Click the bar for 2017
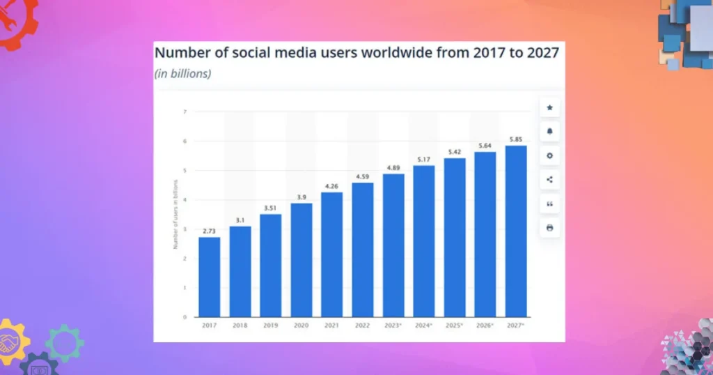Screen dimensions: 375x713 (x=209, y=277)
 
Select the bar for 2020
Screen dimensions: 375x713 (x=301, y=259)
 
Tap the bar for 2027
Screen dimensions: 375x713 (x=515, y=231)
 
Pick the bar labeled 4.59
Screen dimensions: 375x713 (x=362, y=250)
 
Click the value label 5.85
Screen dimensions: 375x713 (x=515, y=139)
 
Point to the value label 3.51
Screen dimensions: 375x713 (x=270, y=207)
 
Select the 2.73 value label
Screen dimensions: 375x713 (x=209, y=230)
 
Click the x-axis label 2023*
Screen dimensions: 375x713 (x=393, y=326)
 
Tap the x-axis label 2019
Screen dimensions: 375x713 (x=270, y=326)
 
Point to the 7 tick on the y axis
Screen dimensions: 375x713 (x=185, y=112)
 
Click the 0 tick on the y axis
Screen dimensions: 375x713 (x=185, y=317)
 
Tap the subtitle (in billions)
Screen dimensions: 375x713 (x=182, y=73)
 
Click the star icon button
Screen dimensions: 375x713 (x=549, y=107)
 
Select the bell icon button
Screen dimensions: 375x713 (x=549, y=131)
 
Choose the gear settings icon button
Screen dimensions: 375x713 (x=549, y=155)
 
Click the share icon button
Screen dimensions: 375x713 (x=549, y=179)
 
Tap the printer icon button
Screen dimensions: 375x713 (x=549, y=227)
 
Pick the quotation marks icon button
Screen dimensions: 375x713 (x=549, y=204)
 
